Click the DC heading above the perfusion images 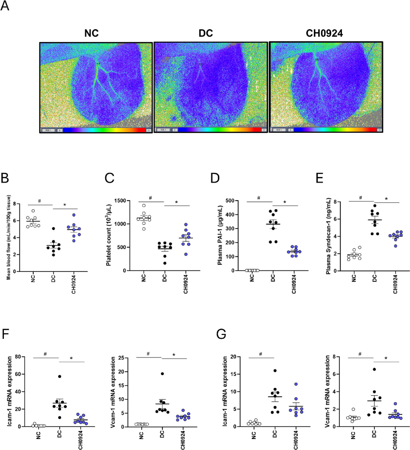(206, 33)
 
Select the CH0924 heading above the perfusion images (324, 33)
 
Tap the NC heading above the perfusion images (91, 33)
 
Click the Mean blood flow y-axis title (9, 237)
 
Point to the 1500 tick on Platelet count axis (120, 201)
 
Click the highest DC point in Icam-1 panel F (60, 376)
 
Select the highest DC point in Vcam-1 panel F (162, 373)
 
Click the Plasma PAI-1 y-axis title (220, 235)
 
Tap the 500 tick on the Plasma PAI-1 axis (230, 201)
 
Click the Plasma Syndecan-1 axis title (328, 236)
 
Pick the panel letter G (221, 334)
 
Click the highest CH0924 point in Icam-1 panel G (296, 384)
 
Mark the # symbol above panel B (40, 201)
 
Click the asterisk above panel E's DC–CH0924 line (386, 199)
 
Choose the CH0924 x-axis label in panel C (186, 284)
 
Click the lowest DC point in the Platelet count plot (165, 263)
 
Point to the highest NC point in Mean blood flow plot (33, 211)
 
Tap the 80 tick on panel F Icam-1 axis (18, 357)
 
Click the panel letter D (215, 178)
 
